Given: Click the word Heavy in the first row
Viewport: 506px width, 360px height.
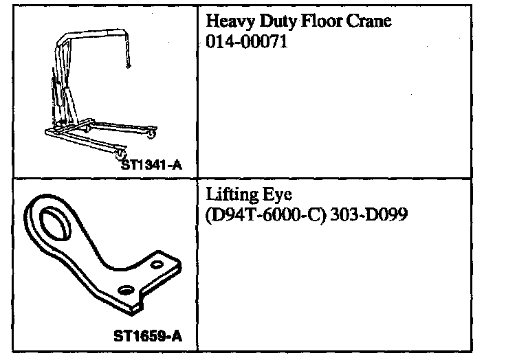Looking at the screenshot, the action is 225,22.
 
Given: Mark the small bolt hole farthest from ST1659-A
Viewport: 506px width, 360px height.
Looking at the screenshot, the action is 159,265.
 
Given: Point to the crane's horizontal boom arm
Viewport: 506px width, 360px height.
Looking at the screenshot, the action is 93,32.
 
